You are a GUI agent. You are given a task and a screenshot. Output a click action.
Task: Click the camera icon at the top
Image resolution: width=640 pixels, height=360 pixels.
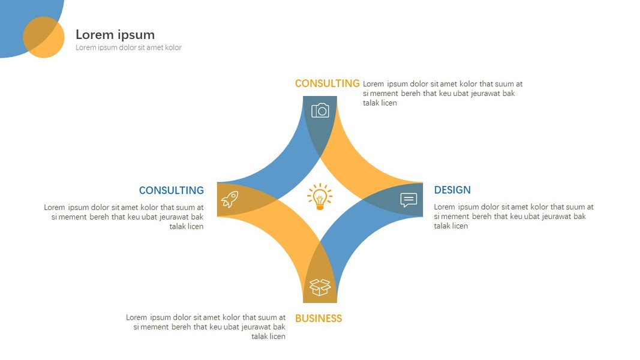coord(320,110)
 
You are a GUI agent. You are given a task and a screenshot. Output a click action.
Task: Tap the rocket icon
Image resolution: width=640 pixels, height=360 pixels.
coord(229,199)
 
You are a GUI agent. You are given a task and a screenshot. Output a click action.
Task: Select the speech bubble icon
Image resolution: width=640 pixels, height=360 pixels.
coord(408,200)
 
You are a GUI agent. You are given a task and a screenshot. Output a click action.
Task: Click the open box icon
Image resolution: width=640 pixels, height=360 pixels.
coord(320,287)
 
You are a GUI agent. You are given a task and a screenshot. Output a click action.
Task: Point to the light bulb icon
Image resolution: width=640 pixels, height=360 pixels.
coord(320,197)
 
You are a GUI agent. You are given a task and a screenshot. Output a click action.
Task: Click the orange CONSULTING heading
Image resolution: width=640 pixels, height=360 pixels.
coord(327,84)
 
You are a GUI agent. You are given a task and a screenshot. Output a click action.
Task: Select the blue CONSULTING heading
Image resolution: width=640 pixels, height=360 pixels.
coord(171,190)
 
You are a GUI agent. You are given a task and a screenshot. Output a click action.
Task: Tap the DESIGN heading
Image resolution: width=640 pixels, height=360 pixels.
coord(452,190)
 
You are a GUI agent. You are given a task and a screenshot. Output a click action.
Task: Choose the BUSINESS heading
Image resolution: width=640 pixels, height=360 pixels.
coord(319,319)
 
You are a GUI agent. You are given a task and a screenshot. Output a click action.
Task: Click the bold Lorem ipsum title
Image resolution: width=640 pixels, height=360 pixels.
coord(115,35)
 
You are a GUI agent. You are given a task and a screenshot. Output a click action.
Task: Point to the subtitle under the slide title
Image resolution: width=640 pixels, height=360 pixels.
coord(128,48)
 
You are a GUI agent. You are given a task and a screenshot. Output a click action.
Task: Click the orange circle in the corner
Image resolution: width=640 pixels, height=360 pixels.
coord(44,37)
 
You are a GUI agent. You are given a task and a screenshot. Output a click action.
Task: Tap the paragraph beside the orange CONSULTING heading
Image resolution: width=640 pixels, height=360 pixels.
coord(442,94)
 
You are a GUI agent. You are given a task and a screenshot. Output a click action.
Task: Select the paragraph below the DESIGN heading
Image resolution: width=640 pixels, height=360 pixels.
coord(513,217)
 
